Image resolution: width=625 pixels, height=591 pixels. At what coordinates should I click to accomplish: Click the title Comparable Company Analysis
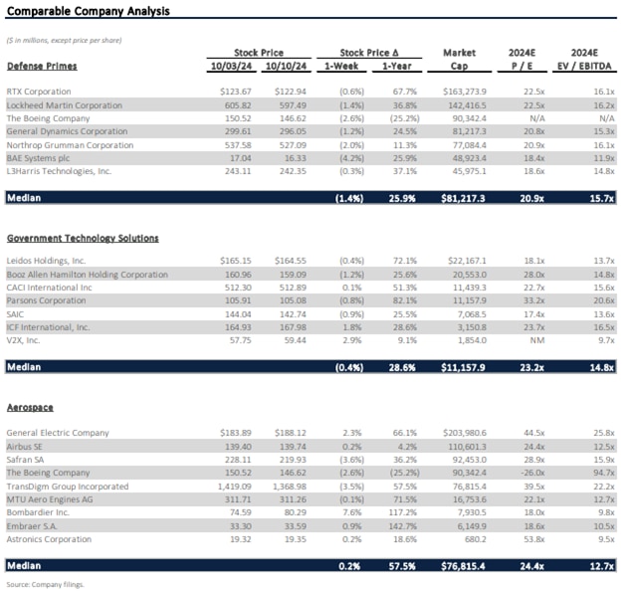(88, 12)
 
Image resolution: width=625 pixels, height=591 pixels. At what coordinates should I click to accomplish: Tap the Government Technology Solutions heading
(83, 238)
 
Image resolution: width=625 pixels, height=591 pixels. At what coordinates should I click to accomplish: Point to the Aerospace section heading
(30, 408)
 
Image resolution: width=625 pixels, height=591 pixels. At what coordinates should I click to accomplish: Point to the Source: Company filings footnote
(45, 584)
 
